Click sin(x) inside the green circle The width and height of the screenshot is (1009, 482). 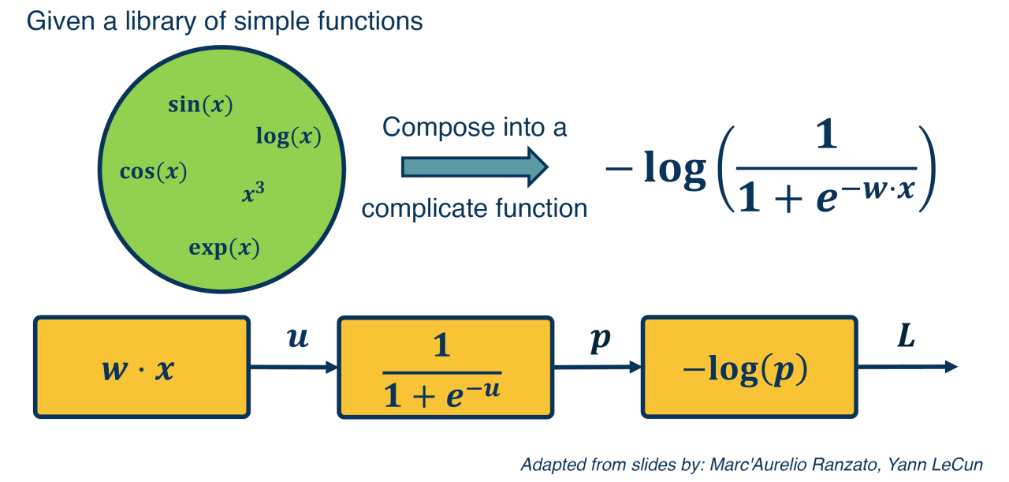click(x=200, y=106)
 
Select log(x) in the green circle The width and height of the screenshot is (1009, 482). click(x=288, y=136)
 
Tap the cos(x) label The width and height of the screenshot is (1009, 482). click(x=153, y=172)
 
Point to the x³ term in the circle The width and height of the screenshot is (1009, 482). click(x=253, y=193)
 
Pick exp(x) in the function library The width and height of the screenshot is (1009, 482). click(x=224, y=248)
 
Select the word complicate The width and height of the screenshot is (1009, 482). click(x=417, y=208)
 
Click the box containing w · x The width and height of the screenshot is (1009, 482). click(x=141, y=367)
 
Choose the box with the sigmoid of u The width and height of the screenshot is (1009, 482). click(x=445, y=367)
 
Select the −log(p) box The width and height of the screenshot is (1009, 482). click(x=748, y=367)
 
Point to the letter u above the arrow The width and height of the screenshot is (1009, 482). click(x=297, y=340)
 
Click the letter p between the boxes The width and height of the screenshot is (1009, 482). click(x=600, y=342)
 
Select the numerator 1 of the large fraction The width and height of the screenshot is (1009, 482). click(x=825, y=140)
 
